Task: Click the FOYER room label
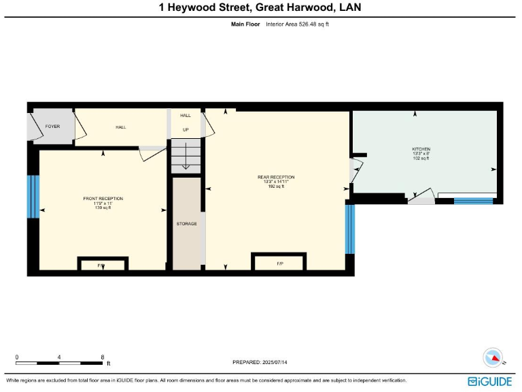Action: point(52,127)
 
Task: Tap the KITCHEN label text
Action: point(421,149)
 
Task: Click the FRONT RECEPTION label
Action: point(103,198)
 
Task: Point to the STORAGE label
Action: point(187,223)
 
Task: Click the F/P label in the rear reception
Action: point(280,263)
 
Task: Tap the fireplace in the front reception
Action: point(102,264)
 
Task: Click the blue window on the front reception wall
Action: point(32,197)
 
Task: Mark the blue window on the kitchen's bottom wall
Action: point(473,201)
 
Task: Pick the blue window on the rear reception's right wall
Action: point(349,229)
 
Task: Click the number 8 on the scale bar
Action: point(102,357)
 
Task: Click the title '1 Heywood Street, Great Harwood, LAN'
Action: point(260,7)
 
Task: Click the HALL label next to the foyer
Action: point(120,127)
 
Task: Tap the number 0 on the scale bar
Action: point(17,357)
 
